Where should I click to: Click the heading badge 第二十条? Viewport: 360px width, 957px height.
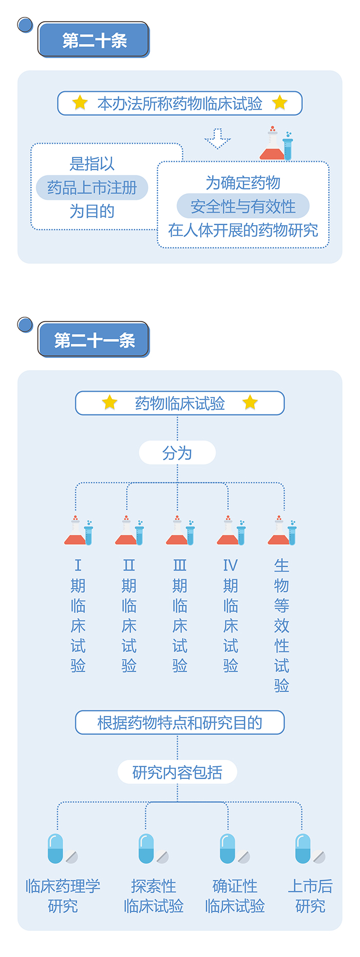pyautogui.click(x=94, y=40)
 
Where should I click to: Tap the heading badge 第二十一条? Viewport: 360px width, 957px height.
pyautogui.click(x=94, y=339)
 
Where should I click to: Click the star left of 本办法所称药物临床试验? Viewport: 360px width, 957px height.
pyautogui.click(x=80, y=103)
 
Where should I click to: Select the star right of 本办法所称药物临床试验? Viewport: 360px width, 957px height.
pyautogui.click(x=280, y=103)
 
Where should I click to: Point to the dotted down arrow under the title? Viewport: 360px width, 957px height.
pyautogui.click(x=218, y=138)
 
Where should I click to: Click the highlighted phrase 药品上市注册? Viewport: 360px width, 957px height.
pyautogui.click(x=92, y=188)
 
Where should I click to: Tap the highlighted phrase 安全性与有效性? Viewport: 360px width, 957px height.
pyautogui.click(x=243, y=206)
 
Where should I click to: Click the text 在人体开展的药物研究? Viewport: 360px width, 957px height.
pyautogui.click(x=243, y=230)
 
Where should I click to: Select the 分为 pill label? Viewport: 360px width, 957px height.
pyautogui.click(x=177, y=453)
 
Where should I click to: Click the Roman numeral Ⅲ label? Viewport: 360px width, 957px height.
pyautogui.click(x=179, y=566)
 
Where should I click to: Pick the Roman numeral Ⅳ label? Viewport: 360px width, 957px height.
pyautogui.click(x=230, y=566)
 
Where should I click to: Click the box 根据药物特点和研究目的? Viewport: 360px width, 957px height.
pyautogui.click(x=179, y=723)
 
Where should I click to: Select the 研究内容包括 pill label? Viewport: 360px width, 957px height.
pyautogui.click(x=177, y=772)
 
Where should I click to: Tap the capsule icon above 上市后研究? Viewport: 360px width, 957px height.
pyautogui.click(x=304, y=848)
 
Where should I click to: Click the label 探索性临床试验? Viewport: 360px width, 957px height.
pyautogui.click(x=153, y=896)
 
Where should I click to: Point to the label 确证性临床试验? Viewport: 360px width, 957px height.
pyautogui.click(x=235, y=896)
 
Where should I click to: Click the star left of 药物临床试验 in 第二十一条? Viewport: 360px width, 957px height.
pyautogui.click(x=110, y=403)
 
